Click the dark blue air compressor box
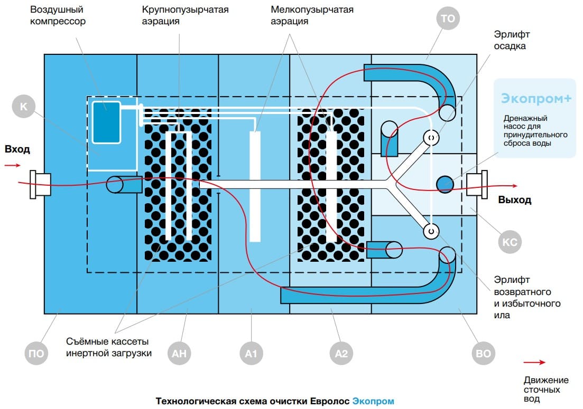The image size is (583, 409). pos(106,121)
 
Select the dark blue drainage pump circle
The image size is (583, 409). pos(445,184)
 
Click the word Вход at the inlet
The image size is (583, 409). pos(17,149)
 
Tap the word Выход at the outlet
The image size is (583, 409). pos(514,200)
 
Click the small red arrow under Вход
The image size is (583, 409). pos(13,165)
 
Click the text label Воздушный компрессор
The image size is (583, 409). pos(58,15)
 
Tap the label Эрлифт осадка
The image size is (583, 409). pos(512,40)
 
